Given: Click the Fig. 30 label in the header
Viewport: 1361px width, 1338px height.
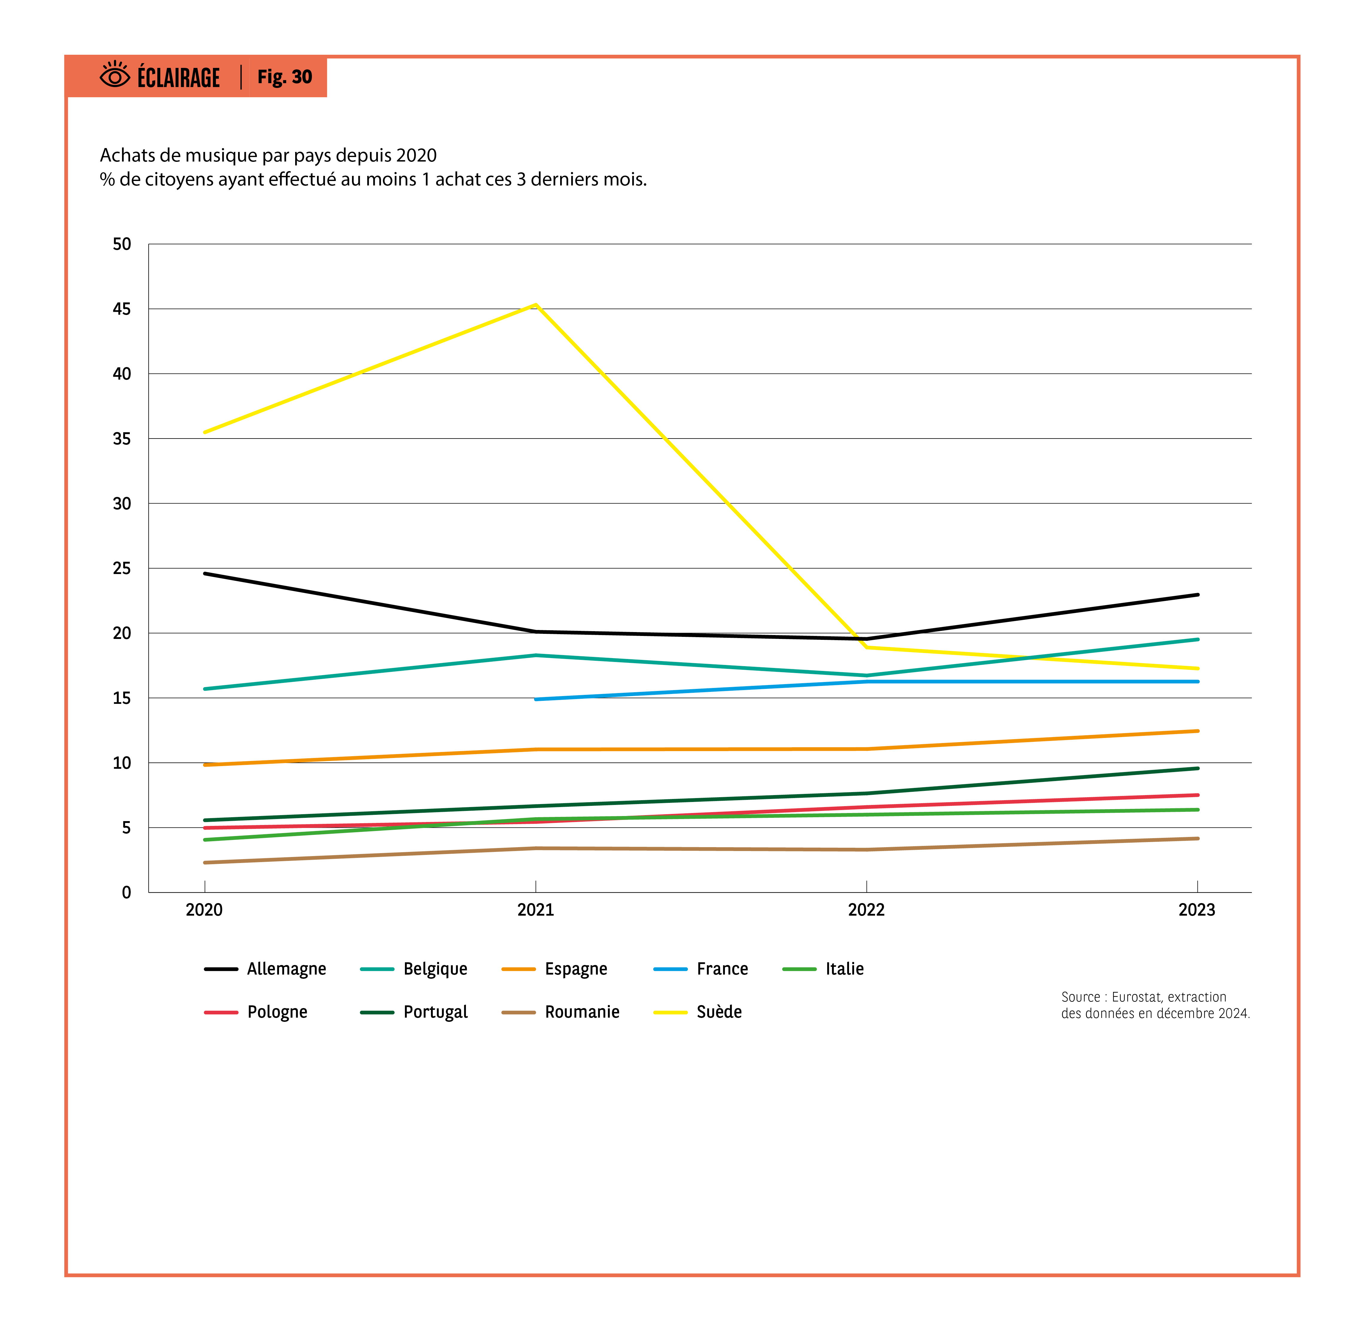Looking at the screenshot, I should pos(285,77).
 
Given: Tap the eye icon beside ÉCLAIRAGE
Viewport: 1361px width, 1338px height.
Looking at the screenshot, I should pos(115,75).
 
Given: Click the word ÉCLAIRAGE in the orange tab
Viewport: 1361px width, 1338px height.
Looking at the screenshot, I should pos(179,77).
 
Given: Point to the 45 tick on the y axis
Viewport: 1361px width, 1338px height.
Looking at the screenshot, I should pos(121,309).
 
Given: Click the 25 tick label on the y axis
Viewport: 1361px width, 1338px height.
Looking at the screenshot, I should pos(121,569).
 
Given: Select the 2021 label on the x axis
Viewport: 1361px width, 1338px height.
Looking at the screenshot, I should pos(535,910).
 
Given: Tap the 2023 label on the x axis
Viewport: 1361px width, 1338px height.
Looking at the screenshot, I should pos(1197,910).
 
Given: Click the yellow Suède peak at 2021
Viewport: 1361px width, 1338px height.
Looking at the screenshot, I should pos(535,305).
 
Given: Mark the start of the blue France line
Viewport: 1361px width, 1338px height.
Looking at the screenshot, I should pos(536,699).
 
